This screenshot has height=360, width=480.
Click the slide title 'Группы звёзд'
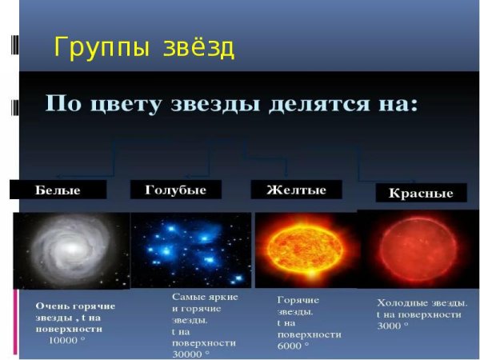tap(144, 47)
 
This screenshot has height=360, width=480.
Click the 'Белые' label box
tap(58, 190)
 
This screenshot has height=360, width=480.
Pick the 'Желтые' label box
tap(296, 190)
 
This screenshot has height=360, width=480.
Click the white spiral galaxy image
tap(71, 250)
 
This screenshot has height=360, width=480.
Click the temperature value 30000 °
tap(192, 353)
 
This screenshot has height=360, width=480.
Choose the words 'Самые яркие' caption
tap(205, 296)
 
